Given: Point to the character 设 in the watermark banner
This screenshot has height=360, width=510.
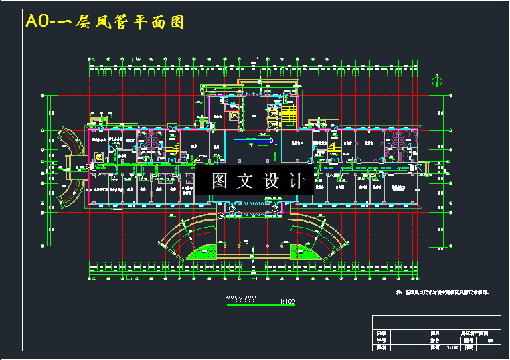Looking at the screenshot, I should pos(271,181).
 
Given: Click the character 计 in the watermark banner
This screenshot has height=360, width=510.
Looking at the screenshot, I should pos(296,181).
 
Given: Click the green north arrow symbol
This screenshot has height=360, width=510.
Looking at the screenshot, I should pos(436,82).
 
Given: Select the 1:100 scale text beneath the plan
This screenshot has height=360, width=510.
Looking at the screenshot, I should pos(288,302).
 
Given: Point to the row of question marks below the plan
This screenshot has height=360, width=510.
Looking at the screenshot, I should pos(239,299).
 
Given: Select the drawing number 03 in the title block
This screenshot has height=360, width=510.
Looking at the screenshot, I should pos(489,340).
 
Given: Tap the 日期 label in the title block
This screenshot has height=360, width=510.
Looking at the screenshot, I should pos(469,348).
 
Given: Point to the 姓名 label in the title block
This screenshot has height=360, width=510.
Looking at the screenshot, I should pos(381,348).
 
